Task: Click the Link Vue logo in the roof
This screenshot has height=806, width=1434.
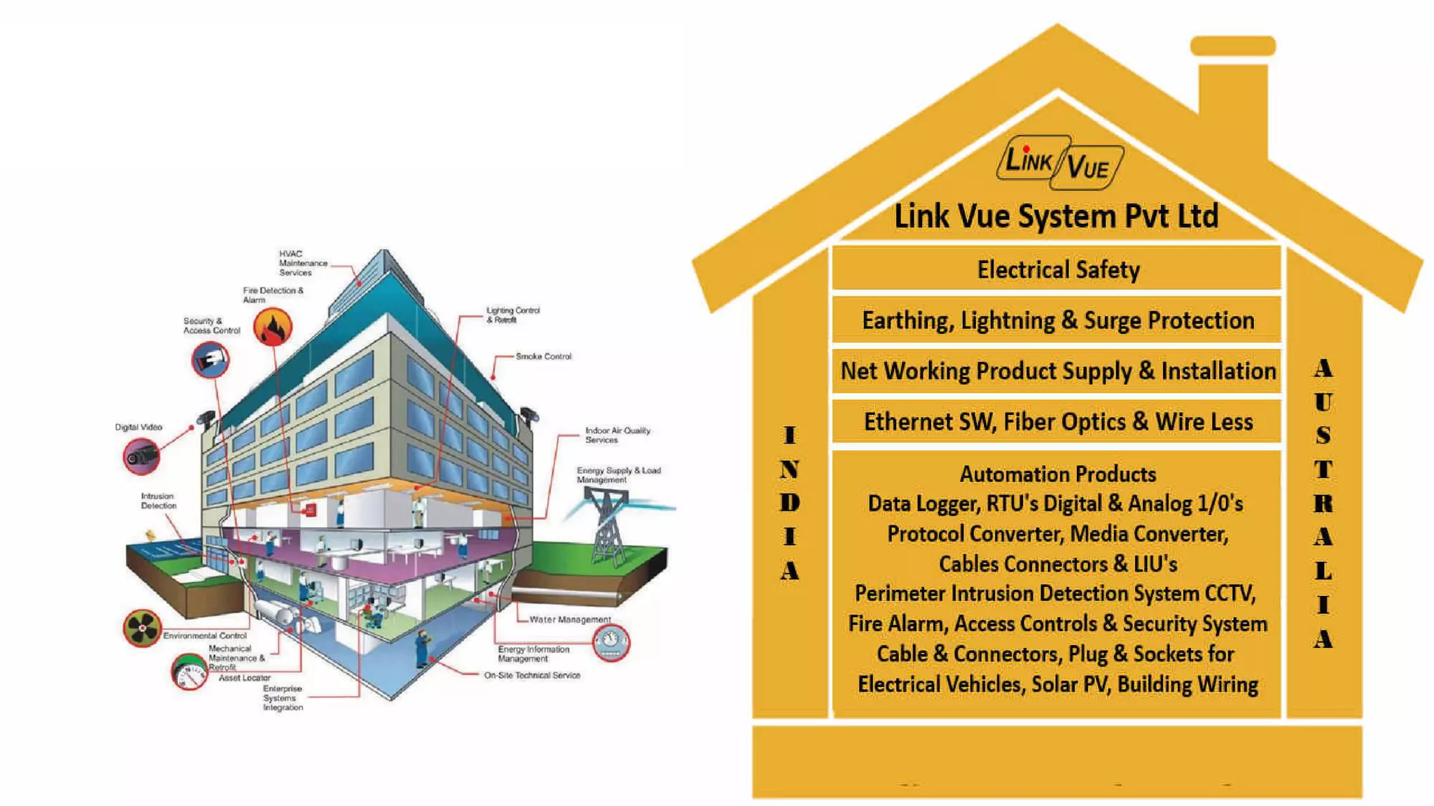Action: (1059, 162)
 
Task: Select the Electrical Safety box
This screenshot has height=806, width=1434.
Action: (1057, 269)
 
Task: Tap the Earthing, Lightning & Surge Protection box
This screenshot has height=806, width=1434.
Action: (1057, 320)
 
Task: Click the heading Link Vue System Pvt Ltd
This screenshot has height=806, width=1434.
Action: (1056, 215)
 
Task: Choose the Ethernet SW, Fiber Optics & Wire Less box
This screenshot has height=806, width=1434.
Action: (1057, 422)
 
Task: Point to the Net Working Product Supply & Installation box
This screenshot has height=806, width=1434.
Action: (1057, 371)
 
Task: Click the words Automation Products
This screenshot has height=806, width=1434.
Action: (1057, 474)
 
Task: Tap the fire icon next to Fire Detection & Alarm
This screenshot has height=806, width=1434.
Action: (272, 327)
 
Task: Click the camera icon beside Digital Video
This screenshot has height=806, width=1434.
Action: (141, 456)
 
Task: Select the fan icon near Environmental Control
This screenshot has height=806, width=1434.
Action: (142, 628)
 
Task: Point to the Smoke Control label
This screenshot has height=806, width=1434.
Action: (543, 357)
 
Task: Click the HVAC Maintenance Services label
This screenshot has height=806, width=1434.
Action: (302, 263)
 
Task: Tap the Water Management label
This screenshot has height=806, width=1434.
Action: (570, 620)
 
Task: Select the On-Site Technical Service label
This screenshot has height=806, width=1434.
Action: (532, 676)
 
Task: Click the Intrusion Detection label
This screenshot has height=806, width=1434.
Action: (158, 501)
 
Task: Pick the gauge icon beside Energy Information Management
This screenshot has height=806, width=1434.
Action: (611, 642)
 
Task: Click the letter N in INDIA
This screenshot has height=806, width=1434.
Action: (789, 469)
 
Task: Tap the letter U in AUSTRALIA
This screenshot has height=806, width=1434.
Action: (1323, 402)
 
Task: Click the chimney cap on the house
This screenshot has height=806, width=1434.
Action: (1232, 46)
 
